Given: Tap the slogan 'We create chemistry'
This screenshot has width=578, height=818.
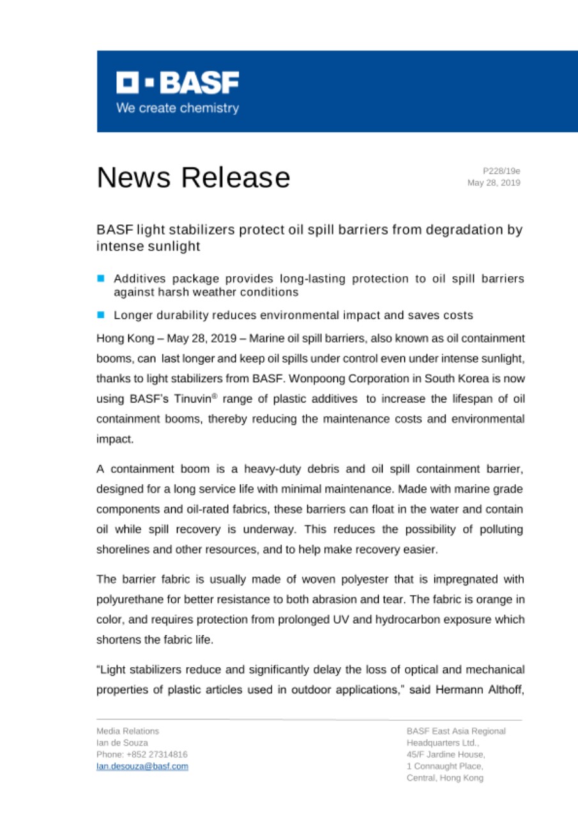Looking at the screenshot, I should pyautogui.click(x=177, y=108).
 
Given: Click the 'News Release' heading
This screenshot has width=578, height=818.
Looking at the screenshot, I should pyautogui.click(x=193, y=177).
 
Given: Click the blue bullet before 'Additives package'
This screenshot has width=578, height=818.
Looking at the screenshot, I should pyautogui.click(x=100, y=279).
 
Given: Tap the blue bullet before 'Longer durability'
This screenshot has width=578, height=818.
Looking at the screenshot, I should pyautogui.click(x=100, y=315).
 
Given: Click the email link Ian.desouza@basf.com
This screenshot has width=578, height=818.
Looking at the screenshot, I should pyautogui.click(x=142, y=766).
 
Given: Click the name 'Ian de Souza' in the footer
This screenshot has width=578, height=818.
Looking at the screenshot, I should pyautogui.click(x=122, y=743).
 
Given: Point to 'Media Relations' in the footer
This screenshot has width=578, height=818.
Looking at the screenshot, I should pyautogui.click(x=128, y=730).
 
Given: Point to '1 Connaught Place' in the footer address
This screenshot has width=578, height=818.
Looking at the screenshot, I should pyautogui.click(x=445, y=766).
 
